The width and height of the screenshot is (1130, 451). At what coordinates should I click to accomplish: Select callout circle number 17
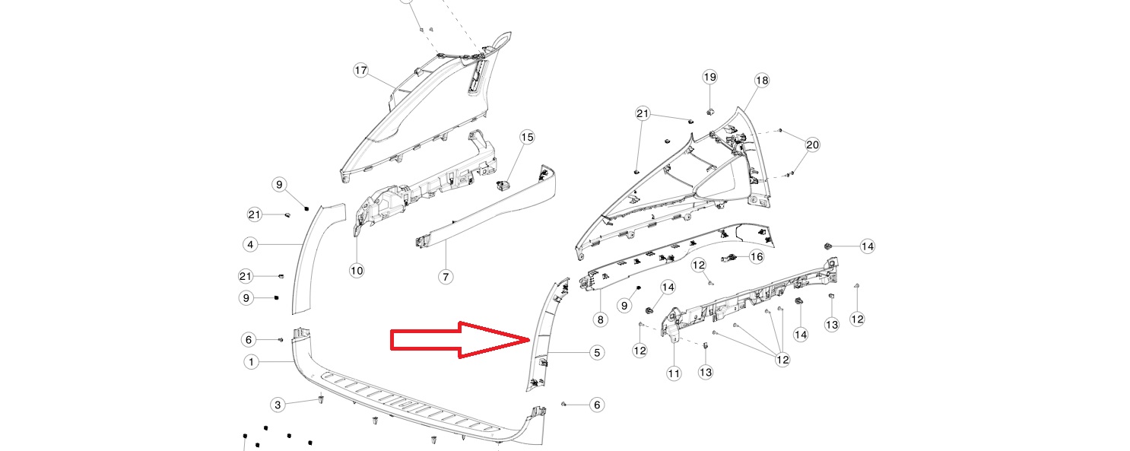(x=360, y=70)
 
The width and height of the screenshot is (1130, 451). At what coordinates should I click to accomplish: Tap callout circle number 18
(x=762, y=80)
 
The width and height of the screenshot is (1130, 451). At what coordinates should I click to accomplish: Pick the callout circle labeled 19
(x=709, y=77)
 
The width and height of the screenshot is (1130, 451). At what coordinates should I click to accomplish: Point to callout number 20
(x=813, y=145)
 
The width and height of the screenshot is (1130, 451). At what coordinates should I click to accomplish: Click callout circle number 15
(x=527, y=137)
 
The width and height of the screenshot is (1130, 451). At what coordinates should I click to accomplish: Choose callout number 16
(x=757, y=257)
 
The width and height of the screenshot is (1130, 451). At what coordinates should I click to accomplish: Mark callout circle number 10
(x=357, y=271)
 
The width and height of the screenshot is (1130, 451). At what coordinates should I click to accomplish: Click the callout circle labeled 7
(x=446, y=276)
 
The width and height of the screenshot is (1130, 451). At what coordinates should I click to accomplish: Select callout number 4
(x=251, y=245)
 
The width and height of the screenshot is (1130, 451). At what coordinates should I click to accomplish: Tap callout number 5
(x=597, y=353)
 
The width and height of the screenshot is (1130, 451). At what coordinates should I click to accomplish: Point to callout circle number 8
(x=600, y=319)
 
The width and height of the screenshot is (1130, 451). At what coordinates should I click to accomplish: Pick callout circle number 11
(x=674, y=373)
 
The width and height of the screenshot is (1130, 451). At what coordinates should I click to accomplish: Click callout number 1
(x=251, y=362)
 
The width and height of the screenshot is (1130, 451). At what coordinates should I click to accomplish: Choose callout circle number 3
(x=278, y=404)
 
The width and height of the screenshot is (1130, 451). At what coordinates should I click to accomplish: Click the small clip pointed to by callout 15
(x=503, y=186)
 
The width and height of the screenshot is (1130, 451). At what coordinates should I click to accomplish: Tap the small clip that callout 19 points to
(x=709, y=111)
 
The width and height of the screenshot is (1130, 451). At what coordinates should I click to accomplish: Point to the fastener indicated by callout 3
(x=321, y=399)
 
